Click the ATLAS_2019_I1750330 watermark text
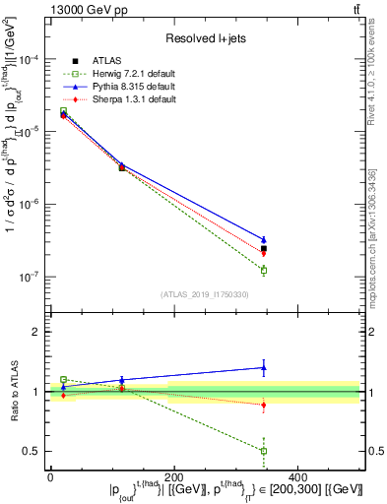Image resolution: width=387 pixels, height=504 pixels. point(205,294)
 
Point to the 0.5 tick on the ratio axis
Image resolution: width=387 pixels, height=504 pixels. point(33,451)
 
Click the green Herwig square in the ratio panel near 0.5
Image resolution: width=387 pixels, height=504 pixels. point(264,451)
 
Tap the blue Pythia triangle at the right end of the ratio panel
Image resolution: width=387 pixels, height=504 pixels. point(264,368)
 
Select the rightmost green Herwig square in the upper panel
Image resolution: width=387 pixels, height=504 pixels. point(264,270)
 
